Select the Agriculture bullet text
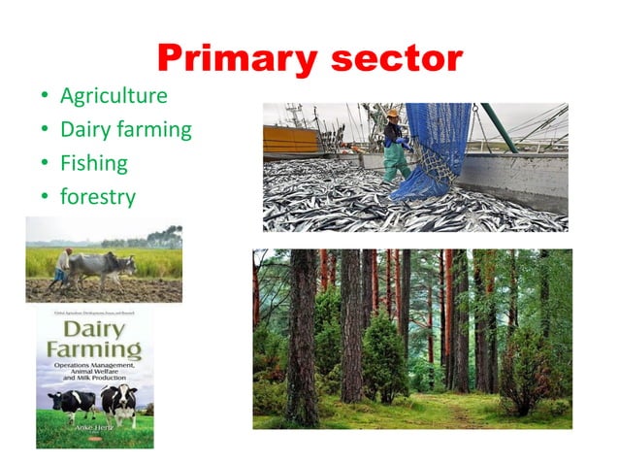click(x=114, y=96)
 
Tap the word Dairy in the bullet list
click(x=84, y=129)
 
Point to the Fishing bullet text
click(x=93, y=162)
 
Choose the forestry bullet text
click(x=97, y=196)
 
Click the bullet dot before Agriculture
click(x=44, y=97)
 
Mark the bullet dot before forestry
click(x=44, y=197)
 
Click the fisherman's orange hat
click(x=393, y=114)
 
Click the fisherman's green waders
click(x=395, y=161)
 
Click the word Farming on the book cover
click(x=94, y=348)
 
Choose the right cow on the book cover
click(x=119, y=401)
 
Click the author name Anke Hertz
click(x=93, y=430)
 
